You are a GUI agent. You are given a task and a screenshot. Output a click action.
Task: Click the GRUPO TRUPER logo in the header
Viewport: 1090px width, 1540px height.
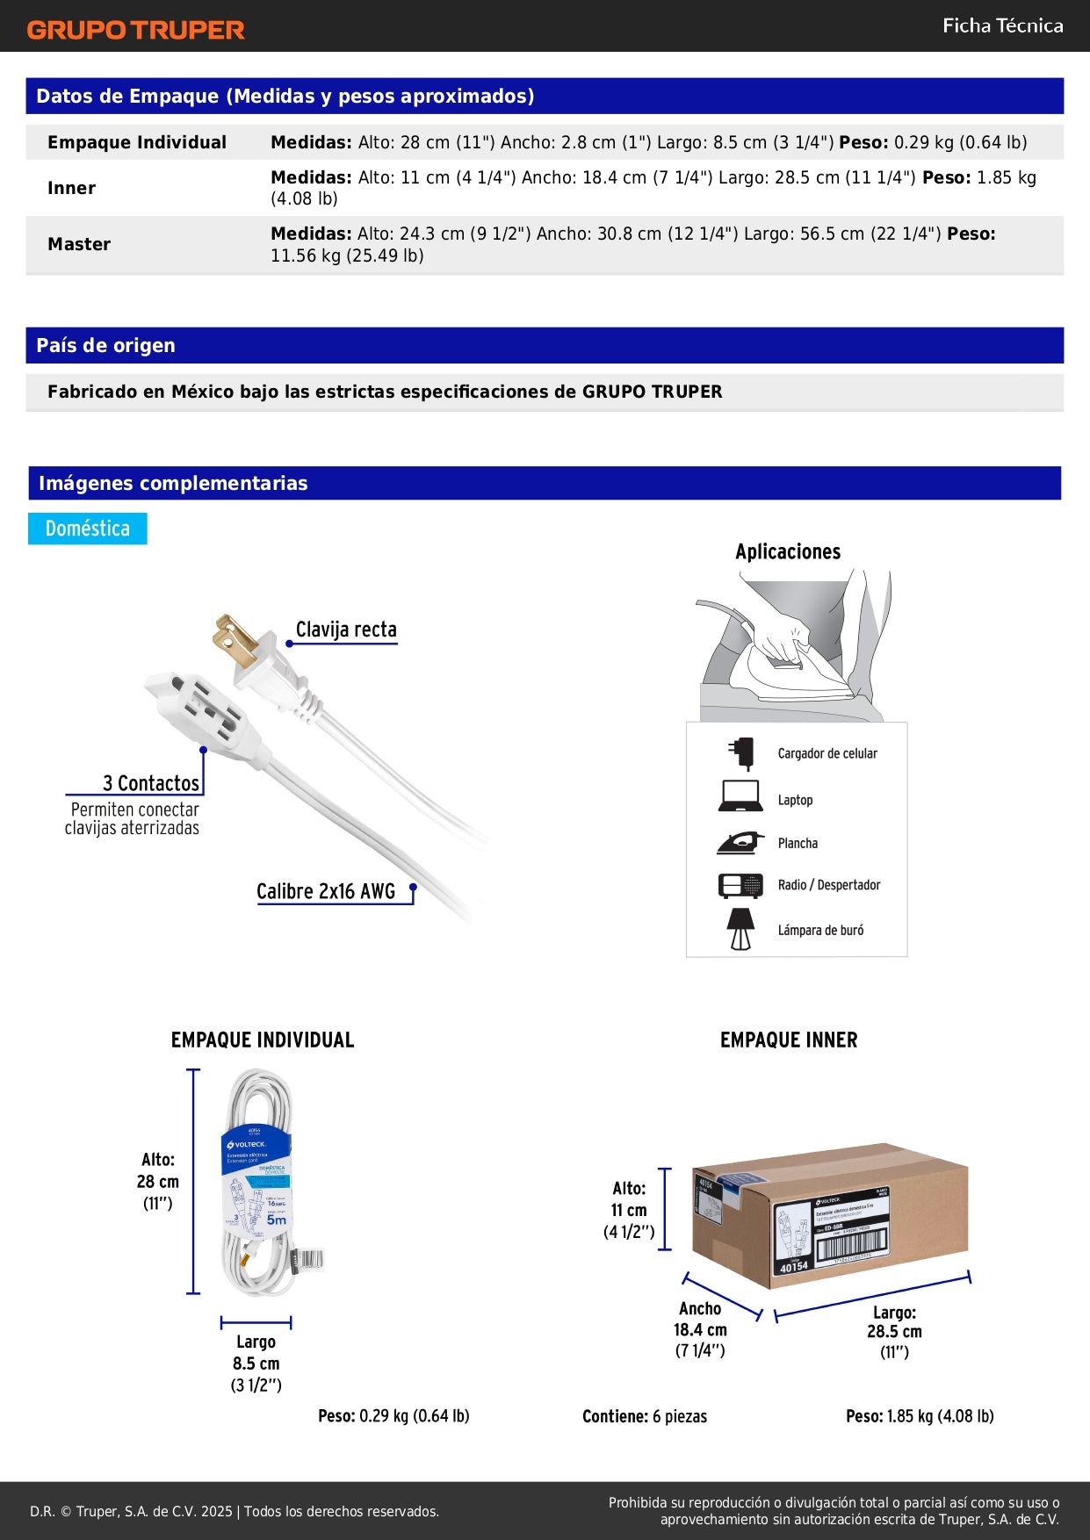(135, 30)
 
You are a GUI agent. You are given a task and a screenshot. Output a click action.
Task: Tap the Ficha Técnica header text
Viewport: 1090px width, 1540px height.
(1002, 25)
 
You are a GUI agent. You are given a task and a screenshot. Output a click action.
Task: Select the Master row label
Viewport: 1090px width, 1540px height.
(79, 244)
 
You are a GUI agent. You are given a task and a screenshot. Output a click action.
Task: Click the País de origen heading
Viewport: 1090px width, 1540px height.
(105, 345)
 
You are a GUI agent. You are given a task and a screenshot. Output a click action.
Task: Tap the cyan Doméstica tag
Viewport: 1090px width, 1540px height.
(87, 529)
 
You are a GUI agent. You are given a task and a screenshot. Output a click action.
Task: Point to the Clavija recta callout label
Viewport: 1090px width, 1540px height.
(346, 630)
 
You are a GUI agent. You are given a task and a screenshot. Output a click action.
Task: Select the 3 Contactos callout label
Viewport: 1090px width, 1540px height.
(151, 783)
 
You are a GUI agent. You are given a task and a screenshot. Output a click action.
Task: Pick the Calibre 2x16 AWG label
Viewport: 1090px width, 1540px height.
(326, 891)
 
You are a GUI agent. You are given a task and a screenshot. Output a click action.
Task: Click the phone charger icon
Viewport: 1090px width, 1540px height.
(742, 753)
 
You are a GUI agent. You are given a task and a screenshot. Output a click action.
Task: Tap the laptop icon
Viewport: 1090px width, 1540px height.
(740, 796)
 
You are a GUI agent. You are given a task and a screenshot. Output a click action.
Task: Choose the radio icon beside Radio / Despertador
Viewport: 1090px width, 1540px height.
(740, 885)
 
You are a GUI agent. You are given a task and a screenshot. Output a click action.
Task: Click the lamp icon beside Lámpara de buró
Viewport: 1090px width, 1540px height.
(740, 929)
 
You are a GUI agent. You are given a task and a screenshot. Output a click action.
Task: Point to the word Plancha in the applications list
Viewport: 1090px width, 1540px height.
(798, 844)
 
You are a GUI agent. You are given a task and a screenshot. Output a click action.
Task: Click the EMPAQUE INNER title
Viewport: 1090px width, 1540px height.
(789, 1040)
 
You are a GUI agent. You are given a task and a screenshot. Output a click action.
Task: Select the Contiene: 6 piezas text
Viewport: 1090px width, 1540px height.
(645, 1416)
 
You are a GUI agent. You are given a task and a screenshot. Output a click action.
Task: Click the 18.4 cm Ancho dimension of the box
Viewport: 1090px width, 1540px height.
(700, 1329)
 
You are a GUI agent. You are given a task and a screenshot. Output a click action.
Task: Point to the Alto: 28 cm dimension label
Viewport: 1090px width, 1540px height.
(158, 1181)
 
